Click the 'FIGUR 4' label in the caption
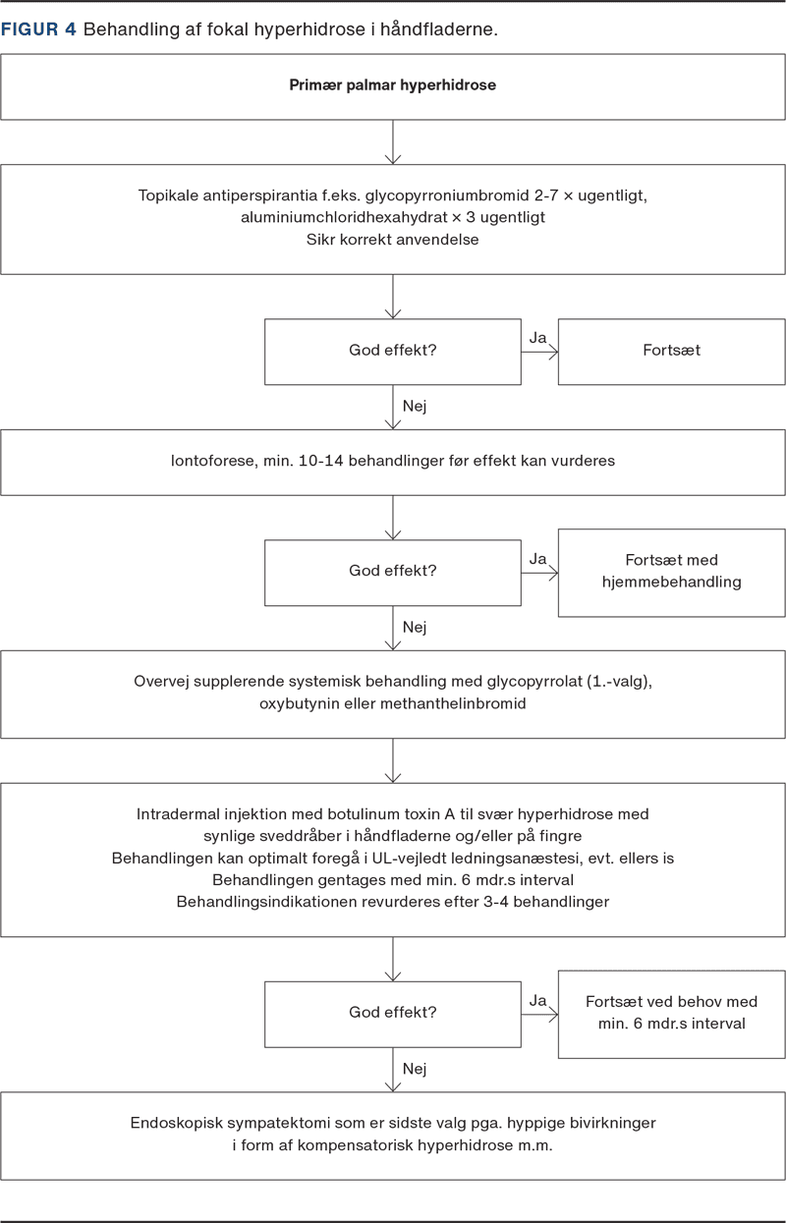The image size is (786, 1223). coord(38,28)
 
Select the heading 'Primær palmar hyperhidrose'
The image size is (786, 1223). coord(393,85)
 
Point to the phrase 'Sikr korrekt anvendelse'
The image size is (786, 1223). coord(393,239)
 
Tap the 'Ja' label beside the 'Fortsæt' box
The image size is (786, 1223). coord(537,338)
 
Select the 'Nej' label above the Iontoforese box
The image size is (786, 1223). coord(415,407)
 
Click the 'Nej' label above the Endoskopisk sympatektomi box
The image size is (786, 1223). coord(415,1069)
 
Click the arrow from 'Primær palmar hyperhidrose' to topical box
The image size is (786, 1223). coord(393,142)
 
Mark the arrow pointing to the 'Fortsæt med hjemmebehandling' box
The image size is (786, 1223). coord(539,573)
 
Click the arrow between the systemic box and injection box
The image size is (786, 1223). coord(393,760)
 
